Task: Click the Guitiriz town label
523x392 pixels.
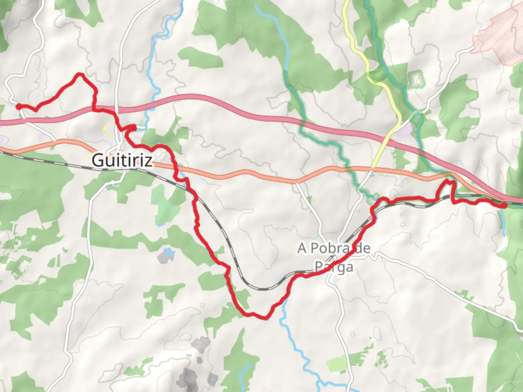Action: click(x=122, y=160)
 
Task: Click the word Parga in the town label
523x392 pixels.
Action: click(x=333, y=267)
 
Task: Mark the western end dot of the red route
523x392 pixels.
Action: click(x=18, y=106)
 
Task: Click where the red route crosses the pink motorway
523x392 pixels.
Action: click(x=95, y=108)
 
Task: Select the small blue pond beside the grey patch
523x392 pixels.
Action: click(x=167, y=251)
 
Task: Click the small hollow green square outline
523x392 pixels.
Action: click(x=415, y=79)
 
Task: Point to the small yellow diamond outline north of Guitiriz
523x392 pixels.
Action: click(x=104, y=128)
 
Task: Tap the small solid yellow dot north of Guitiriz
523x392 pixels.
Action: click(x=109, y=136)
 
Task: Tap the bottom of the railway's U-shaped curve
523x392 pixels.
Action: click(x=262, y=289)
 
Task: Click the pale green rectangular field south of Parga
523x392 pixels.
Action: click(x=340, y=364)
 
